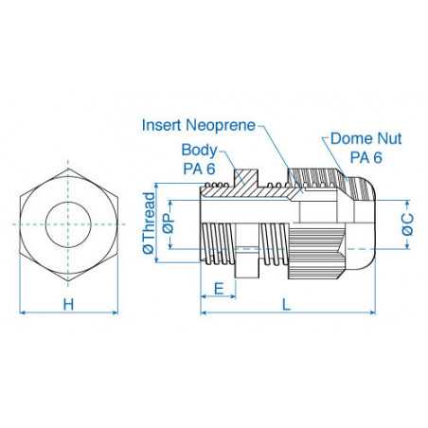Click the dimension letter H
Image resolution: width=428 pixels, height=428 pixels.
[x=67, y=304]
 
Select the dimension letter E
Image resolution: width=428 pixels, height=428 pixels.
[x=219, y=288]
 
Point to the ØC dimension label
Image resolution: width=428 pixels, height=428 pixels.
[x=408, y=223]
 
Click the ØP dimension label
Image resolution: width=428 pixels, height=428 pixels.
[x=167, y=224]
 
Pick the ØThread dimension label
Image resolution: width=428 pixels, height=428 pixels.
[x=148, y=223]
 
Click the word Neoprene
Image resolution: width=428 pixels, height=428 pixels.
[x=219, y=124]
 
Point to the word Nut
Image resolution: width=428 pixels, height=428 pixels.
[x=384, y=138]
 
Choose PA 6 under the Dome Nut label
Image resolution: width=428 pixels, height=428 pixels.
[x=361, y=156]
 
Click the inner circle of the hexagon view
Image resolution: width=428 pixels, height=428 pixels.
[x=67, y=223]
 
